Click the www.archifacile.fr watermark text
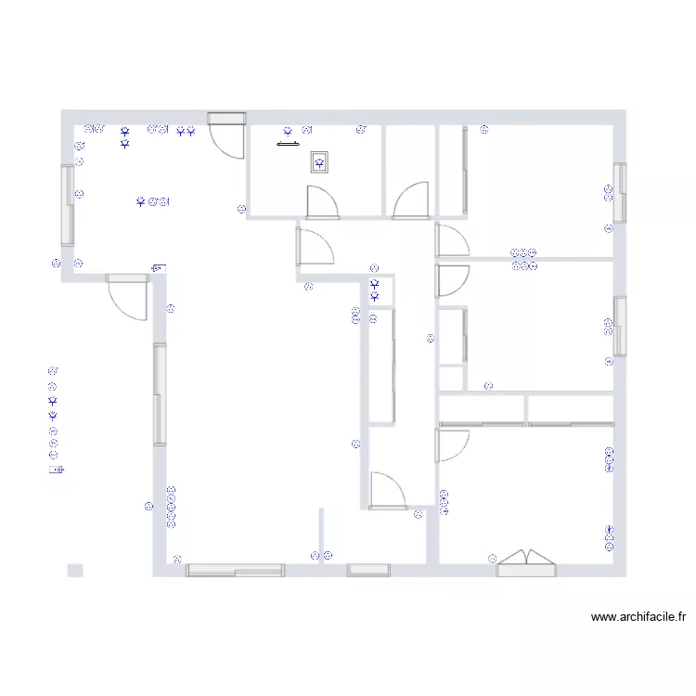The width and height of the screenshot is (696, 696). tap(638, 617)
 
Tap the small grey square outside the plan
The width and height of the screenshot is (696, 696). tap(75, 571)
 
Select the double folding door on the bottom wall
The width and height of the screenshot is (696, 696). tap(526, 563)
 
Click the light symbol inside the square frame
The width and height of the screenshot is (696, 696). tap(319, 163)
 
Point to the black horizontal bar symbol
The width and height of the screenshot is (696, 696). tap(288, 144)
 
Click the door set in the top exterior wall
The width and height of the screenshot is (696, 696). tap(226, 135)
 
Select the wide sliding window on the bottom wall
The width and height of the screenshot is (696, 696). tap(236, 571)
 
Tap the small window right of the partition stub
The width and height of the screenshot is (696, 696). tap(368, 571)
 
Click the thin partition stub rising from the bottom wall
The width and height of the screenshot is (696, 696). tap(321, 536)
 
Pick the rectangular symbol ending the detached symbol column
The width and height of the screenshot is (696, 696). tap(57, 470)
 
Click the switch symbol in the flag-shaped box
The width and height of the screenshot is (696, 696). tap(159, 268)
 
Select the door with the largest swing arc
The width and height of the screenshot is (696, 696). tap(128, 297)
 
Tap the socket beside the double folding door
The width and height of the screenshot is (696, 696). tap(492, 559)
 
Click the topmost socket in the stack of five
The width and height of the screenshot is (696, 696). tap(171, 490)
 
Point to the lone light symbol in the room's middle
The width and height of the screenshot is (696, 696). tap(141, 202)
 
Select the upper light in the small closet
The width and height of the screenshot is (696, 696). tap(375, 284)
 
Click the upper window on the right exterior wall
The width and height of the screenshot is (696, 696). tap(620, 193)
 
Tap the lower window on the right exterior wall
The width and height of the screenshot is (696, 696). tap(620, 327)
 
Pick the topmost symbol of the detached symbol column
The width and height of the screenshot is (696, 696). tap(53, 370)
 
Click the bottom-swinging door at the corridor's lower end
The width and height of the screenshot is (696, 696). tap(388, 491)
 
